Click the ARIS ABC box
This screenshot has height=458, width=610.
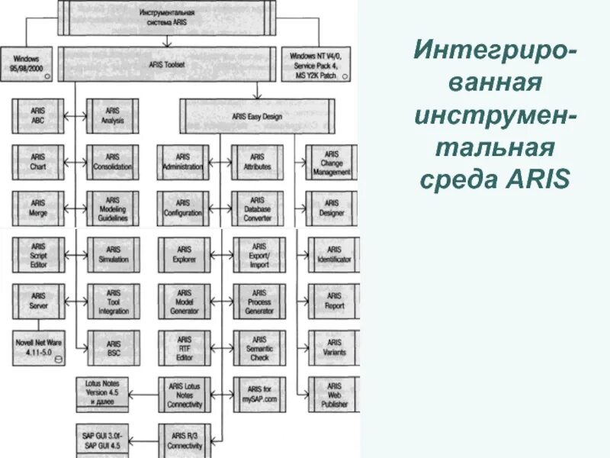38,116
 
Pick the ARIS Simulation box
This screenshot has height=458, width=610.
114,255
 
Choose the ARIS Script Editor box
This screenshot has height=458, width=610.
38,255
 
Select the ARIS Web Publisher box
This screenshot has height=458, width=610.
334,395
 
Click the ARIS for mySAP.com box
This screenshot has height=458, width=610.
260,394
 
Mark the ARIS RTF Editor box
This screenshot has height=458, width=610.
185,348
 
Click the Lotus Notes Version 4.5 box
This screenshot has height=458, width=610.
103,391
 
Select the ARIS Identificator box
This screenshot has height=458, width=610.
334,255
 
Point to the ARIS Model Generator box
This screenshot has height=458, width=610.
185,302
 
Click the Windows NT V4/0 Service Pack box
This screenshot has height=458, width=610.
316,66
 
